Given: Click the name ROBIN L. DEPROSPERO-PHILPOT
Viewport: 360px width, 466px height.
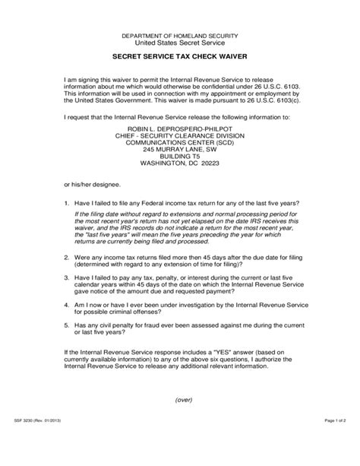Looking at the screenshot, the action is point(179,130).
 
